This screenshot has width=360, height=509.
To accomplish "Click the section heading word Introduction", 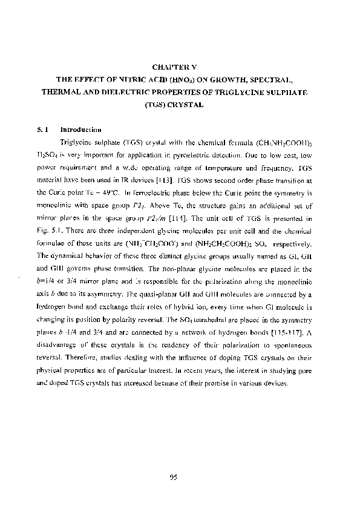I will [x=80, y=130].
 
